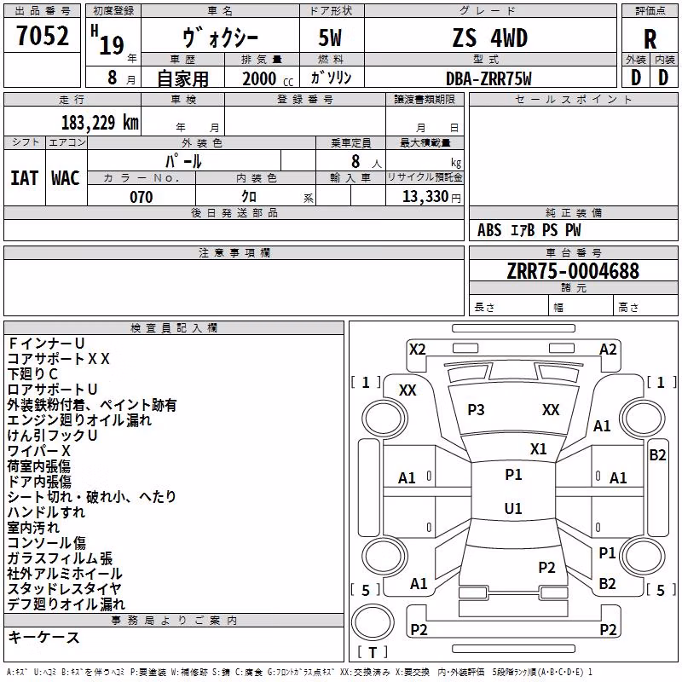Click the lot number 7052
point(43,36)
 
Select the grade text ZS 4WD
point(489,38)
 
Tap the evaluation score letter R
point(650,39)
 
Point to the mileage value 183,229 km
point(100,122)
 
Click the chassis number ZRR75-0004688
point(573,271)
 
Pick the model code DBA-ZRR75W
point(488,78)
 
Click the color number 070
point(142,197)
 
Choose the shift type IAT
point(25,178)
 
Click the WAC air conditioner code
point(66,178)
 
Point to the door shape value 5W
point(330,38)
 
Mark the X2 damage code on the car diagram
point(417,350)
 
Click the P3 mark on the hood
point(476,410)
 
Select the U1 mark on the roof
point(513,508)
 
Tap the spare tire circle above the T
point(373,622)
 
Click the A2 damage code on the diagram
point(608,350)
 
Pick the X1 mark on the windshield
point(539,449)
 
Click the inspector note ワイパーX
point(38,451)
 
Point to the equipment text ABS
point(489,230)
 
